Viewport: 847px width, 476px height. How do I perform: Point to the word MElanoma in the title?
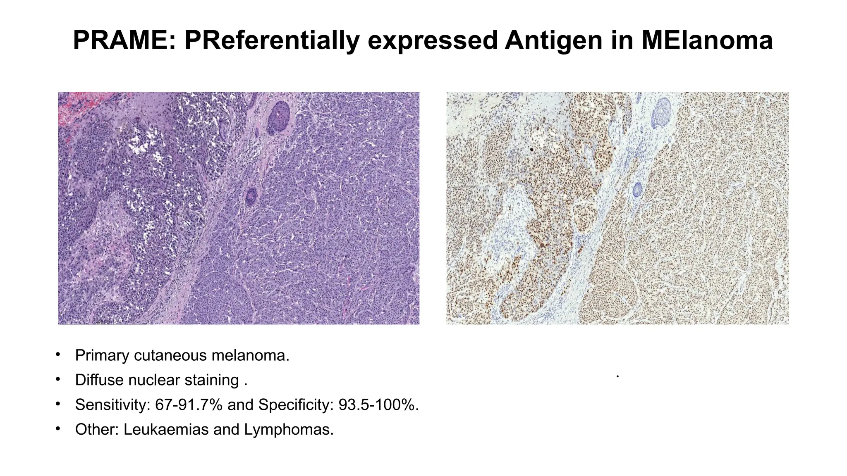706,40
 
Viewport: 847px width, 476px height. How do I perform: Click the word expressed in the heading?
433,40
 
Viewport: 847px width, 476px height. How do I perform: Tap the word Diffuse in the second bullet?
99,380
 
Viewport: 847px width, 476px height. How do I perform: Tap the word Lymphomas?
289,430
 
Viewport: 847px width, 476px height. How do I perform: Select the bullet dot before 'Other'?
58,428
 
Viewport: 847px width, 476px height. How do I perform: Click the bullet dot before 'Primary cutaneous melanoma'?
58,355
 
